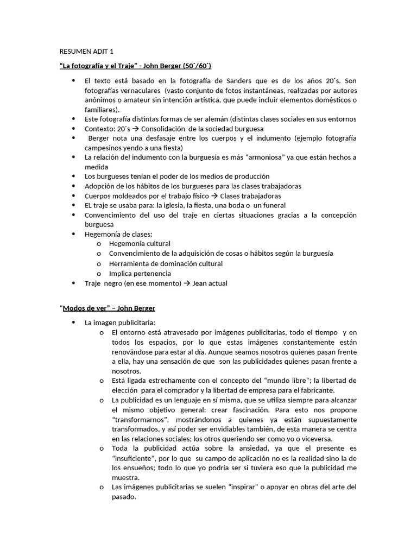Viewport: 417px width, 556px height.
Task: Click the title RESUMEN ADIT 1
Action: (x=86, y=52)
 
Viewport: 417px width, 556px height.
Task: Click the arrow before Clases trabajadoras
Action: (x=214, y=196)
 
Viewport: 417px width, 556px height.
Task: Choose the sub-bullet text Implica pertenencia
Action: (x=140, y=274)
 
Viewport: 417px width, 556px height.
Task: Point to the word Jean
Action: (x=201, y=283)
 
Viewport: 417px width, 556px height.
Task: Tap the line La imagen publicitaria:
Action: (x=112, y=323)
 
